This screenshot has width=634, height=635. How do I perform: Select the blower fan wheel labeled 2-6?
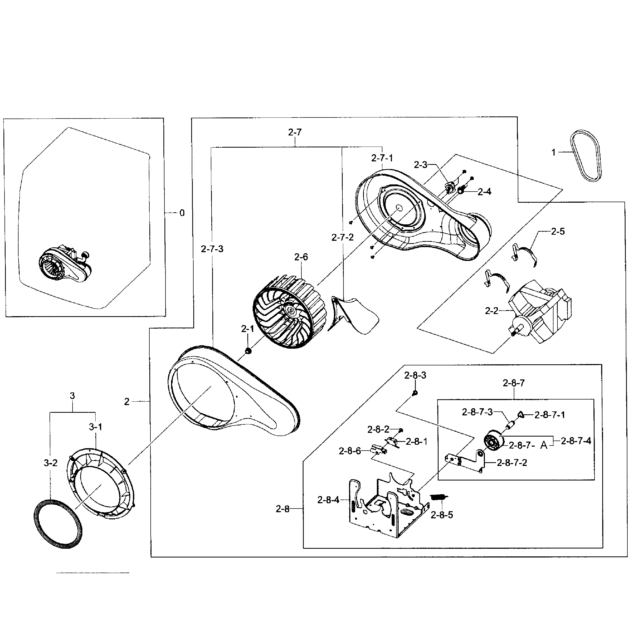[289, 311]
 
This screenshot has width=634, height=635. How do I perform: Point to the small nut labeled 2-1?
[248, 351]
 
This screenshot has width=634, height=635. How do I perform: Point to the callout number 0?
[182, 213]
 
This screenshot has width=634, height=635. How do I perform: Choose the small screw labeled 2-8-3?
[415, 392]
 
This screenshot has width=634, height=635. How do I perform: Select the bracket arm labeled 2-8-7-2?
[467, 461]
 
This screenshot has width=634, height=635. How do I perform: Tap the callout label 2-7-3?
[212, 249]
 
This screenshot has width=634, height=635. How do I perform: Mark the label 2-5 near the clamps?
[558, 232]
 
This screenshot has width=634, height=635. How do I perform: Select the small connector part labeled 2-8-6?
[378, 449]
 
